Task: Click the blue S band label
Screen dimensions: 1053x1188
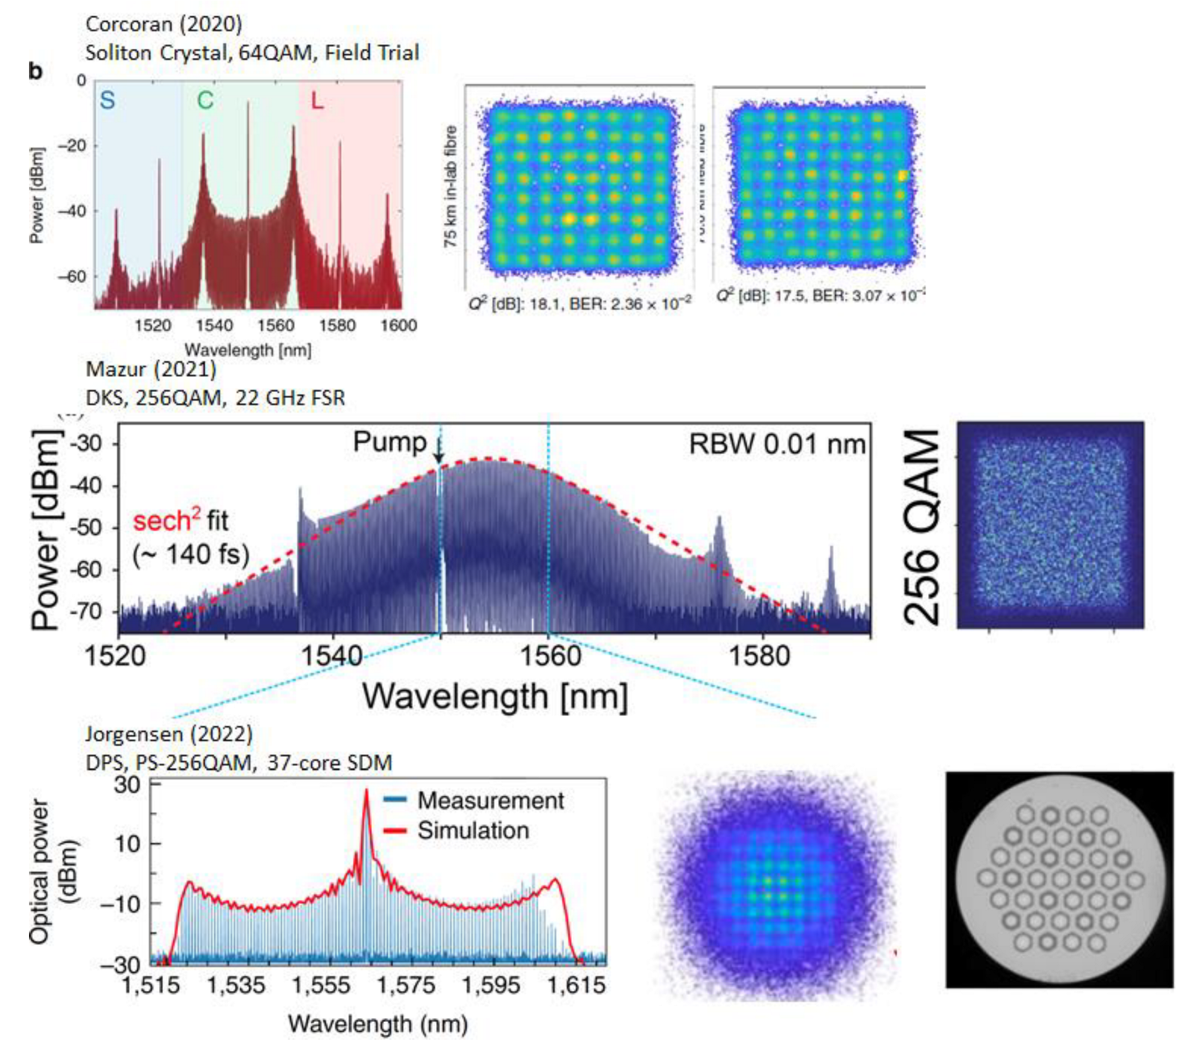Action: [108, 100]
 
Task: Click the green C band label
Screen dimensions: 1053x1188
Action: [205, 100]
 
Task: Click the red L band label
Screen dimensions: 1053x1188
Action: [317, 101]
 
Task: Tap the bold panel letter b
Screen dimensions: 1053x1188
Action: [36, 71]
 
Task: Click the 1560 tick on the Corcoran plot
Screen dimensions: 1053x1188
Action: [276, 325]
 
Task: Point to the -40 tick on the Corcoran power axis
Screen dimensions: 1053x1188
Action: [73, 211]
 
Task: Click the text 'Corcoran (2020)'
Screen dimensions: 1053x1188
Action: [164, 24]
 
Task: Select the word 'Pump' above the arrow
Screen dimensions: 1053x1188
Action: [389, 442]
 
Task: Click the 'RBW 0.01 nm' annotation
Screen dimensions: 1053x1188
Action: [776, 444]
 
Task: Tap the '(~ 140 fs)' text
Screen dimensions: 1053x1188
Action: [191, 554]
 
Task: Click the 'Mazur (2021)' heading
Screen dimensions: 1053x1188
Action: [151, 369]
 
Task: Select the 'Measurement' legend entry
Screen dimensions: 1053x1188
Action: [489, 800]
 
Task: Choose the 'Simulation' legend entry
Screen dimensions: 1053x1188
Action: [472, 830]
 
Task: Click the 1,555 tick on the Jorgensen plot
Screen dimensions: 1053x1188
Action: [320, 985]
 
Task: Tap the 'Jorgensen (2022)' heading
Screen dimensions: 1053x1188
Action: [169, 734]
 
